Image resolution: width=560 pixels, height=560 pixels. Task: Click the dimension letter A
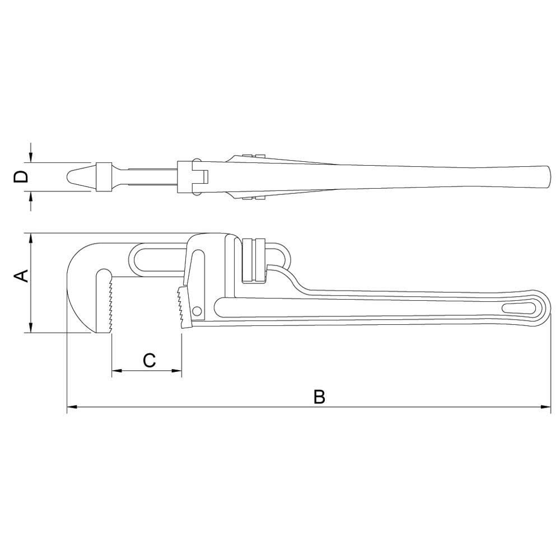(21, 276)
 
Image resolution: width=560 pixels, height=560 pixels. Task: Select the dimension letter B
(319, 396)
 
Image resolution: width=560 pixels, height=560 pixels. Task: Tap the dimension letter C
(149, 361)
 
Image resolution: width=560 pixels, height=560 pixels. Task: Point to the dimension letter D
(21, 177)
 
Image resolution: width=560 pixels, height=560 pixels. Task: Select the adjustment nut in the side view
(253, 260)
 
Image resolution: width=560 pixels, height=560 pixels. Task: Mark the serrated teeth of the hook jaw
(111, 305)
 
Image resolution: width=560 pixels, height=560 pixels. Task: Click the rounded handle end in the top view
(546, 177)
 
